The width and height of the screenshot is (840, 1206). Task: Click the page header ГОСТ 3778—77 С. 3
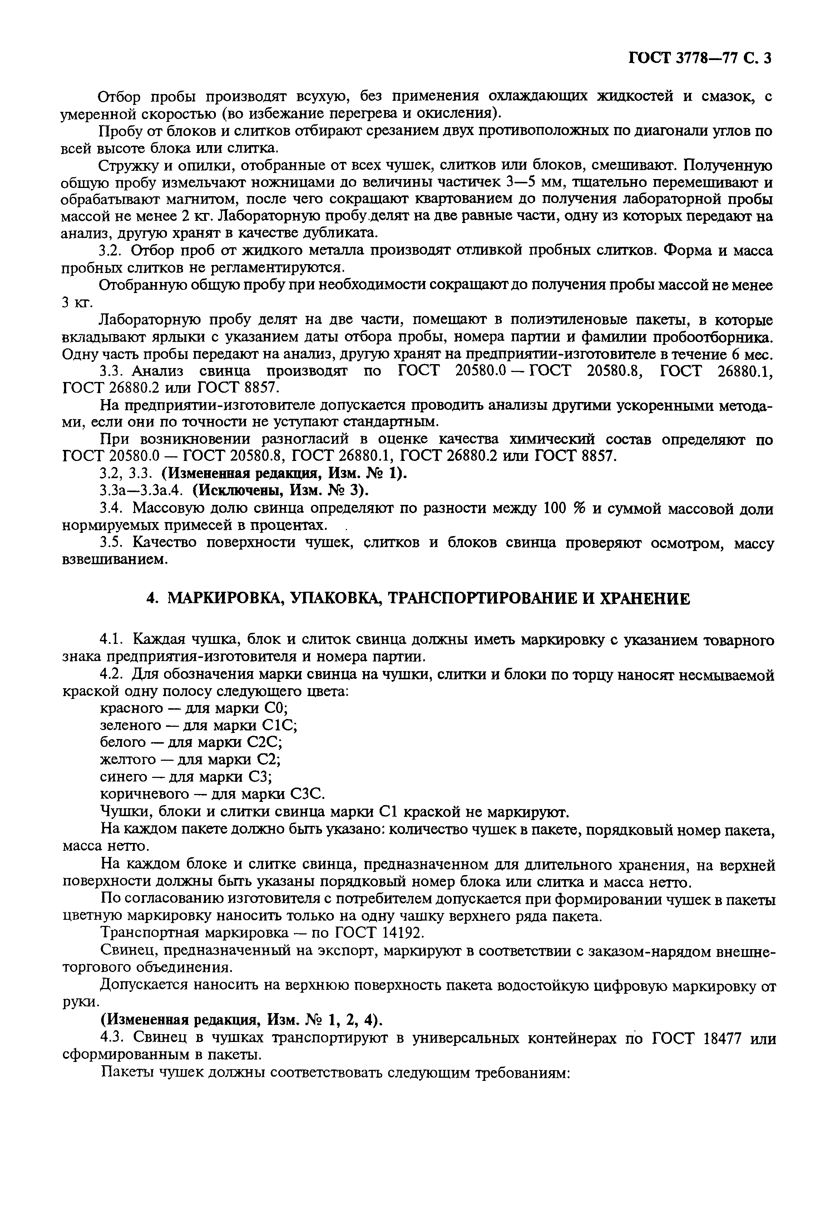tap(699, 58)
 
